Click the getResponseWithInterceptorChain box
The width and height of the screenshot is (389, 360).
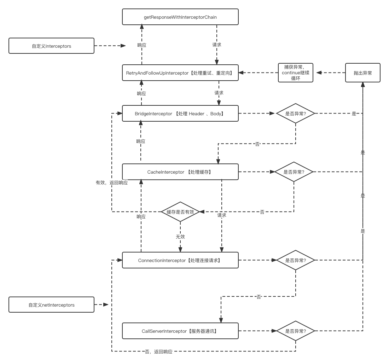(180, 17)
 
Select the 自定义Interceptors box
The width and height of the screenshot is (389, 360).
(51, 46)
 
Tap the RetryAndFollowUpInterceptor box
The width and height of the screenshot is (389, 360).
(180, 73)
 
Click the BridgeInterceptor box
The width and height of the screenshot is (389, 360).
(180, 114)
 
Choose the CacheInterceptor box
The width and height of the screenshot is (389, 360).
(180, 172)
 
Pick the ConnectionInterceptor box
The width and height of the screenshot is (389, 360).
(180, 260)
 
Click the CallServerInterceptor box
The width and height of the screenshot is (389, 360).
(180, 331)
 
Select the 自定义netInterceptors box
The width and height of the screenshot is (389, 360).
(51, 305)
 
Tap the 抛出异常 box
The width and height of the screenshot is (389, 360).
(362, 73)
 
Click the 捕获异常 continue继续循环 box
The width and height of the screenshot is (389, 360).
(296, 73)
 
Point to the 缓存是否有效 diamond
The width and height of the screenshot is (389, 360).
(180, 212)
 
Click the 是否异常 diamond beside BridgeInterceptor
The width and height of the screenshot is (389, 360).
(295, 114)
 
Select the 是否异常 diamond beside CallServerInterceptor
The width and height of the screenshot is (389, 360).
(295, 331)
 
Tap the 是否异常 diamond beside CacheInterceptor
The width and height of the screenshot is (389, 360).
(294, 172)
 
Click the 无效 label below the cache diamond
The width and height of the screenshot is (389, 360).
(180, 236)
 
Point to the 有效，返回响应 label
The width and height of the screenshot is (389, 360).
(111, 183)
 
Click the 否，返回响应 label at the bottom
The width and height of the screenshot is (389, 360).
(158, 352)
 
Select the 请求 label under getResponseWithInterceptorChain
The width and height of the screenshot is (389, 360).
(217, 45)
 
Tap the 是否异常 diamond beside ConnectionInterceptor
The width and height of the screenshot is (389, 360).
(295, 260)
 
